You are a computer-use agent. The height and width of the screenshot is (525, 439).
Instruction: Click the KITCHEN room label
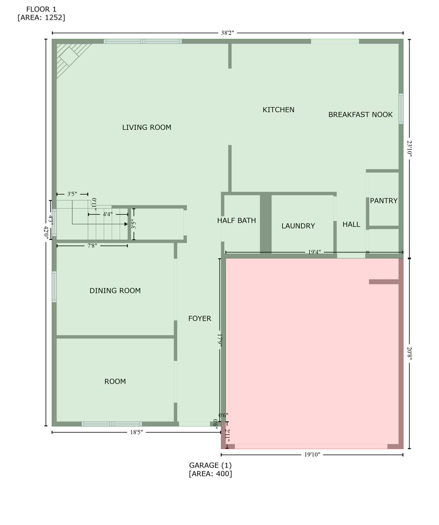click(278, 110)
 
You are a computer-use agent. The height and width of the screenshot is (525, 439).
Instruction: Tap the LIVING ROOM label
click(146, 127)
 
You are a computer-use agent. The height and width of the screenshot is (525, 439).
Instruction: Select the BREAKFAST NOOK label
click(360, 115)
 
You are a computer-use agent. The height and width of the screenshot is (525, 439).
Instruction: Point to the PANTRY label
click(383, 201)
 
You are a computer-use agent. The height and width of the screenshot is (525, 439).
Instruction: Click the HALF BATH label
click(236, 220)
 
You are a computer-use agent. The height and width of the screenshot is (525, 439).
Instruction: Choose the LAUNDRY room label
click(298, 226)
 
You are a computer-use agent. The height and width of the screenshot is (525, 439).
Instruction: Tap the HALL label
click(351, 224)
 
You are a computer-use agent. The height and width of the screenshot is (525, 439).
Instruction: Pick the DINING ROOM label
click(115, 291)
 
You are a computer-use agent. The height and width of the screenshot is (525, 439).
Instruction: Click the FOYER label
click(199, 319)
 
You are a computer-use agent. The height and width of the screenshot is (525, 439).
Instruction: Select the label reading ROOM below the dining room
click(115, 381)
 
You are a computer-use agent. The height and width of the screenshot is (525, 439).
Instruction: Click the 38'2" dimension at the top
click(227, 33)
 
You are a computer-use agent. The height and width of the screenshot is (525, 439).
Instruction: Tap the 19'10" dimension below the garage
click(312, 455)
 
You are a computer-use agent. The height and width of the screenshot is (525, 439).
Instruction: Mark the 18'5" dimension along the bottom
click(136, 432)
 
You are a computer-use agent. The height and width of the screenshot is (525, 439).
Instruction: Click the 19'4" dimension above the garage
click(314, 252)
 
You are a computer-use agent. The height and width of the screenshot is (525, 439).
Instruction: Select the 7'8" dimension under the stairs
click(92, 245)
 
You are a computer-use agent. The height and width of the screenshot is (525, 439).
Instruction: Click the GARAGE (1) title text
click(210, 465)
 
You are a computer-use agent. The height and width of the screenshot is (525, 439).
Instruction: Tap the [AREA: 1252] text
click(41, 17)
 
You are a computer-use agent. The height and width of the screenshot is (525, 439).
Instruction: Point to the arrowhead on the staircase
click(126, 224)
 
